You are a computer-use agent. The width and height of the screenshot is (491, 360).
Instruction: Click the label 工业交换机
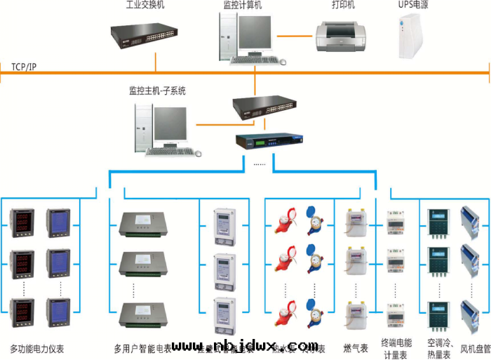[x=145, y=6]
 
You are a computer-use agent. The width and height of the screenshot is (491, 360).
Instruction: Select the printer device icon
[x=340, y=35]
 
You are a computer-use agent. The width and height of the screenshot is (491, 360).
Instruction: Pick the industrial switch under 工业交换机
[x=144, y=32]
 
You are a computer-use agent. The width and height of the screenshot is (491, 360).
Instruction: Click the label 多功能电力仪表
[x=36, y=349]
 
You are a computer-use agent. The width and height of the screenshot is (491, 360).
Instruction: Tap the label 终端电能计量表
[x=396, y=349]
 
